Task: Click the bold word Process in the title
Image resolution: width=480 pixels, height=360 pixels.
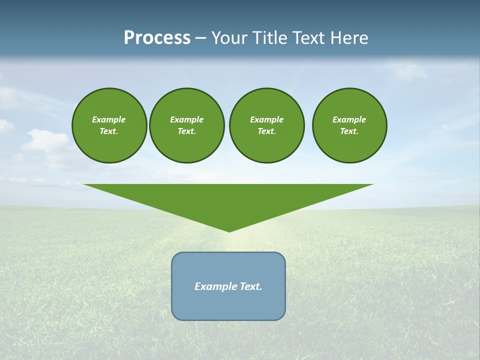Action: pos(157,38)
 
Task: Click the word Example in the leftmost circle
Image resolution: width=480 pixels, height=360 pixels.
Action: pos(109,119)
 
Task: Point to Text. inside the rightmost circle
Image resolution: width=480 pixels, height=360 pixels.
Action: pos(349,131)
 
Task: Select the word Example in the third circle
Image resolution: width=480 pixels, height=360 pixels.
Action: pos(266,119)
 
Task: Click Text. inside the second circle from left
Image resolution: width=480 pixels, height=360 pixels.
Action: pos(186,131)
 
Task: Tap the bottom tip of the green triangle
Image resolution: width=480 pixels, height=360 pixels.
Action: pos(229,230)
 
